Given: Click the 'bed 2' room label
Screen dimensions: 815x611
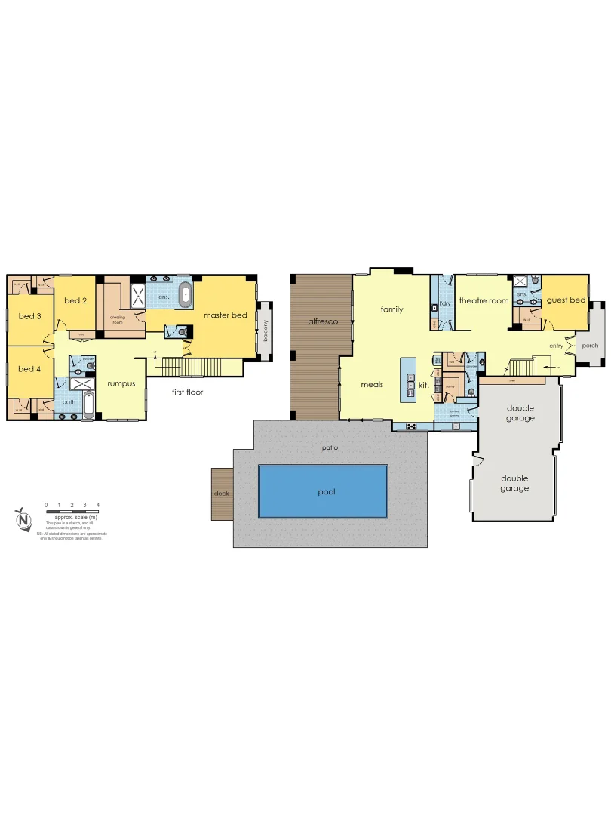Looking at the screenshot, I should [x=75, y=301].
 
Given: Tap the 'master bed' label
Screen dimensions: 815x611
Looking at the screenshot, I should [x=225, y=315].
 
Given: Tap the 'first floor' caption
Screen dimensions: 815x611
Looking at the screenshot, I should [x=187, y=392].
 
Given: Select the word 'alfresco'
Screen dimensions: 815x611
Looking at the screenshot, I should [x=322, y=322].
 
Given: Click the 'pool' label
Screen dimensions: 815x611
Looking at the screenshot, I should [x=326, y=492].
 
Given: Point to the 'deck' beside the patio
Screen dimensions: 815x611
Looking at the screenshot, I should [x=221, y=494].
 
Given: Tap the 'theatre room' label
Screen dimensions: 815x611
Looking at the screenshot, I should [x=484, y=301].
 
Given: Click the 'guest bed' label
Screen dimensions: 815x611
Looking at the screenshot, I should [x=566, y=300].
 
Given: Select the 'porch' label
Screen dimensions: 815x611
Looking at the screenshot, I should [x=591, y=346].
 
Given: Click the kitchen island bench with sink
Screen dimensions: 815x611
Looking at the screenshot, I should [x=408, y=384].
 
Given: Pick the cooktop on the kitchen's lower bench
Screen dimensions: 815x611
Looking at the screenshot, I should [x=412, y=426].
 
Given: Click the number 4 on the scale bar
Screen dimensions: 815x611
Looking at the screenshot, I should [x=98, y=504].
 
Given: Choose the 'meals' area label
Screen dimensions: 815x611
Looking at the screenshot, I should [x=372, y=384].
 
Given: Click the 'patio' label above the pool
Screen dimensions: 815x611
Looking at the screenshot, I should [x=330, y=448].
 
